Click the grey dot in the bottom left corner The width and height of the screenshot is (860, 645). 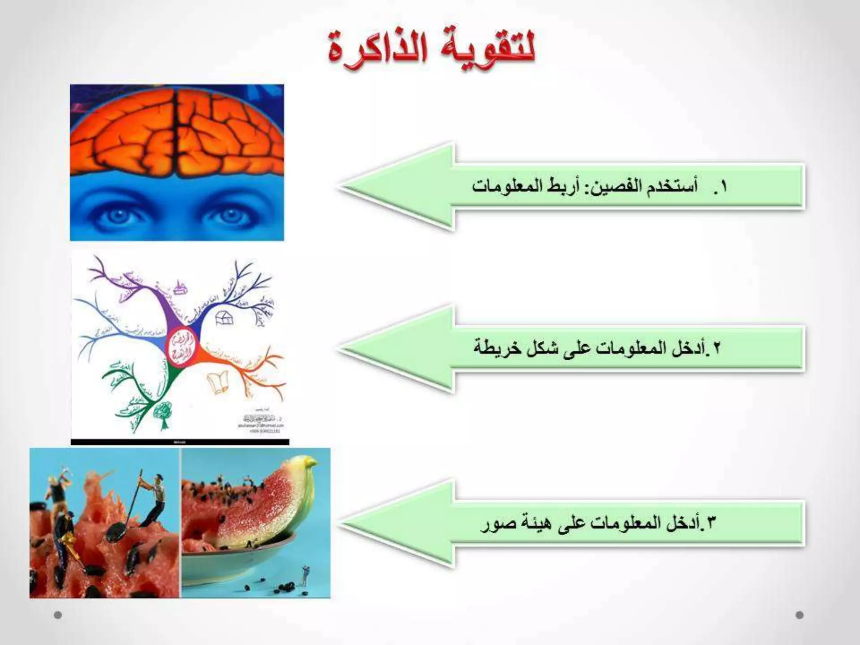[58, 615]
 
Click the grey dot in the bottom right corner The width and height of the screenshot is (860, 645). [800, 615]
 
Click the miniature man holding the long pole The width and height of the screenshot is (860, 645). [151, 504]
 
